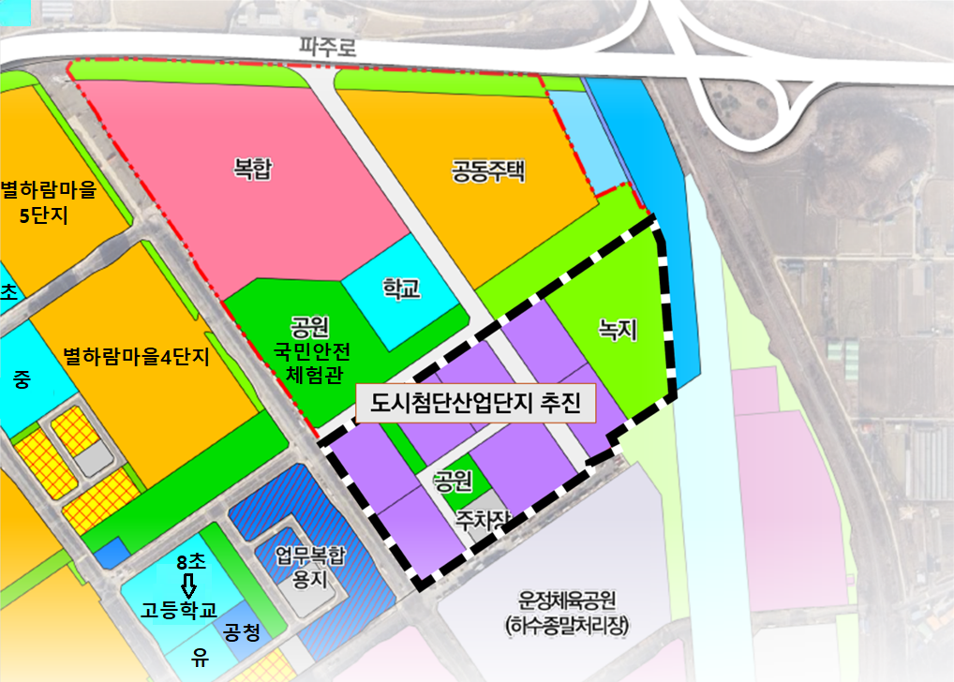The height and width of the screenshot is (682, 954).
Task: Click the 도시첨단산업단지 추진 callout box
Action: [x=476, y=404]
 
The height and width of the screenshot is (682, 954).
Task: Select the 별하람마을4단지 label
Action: [x=136, y=357]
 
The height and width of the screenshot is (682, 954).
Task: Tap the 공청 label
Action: [x=241, y=632]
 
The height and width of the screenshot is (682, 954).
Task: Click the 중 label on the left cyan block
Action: [x=22, y=379]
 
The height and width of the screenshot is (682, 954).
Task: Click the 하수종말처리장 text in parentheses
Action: [x=570, y=624]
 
